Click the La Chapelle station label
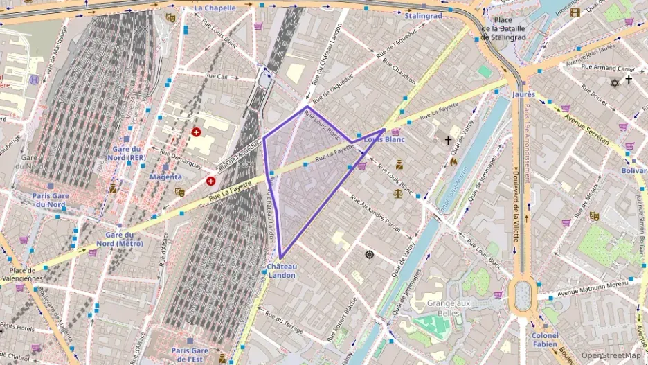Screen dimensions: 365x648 click(215, 8)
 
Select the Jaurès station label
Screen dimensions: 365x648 click(524, 94)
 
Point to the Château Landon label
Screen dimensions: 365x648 click(282, 271)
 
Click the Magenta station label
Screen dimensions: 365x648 click(165, 177)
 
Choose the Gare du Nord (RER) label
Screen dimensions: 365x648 click(126, 153)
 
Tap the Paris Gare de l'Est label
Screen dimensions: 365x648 click(190, 355)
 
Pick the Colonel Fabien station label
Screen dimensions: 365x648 click(544, 339)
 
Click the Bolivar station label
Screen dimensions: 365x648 click(633, 170)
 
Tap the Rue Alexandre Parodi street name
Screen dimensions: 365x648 click(375, 213)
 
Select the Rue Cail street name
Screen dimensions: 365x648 click(217, 76)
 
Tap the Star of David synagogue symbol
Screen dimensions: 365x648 click(613, 82)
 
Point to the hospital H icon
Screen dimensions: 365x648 click(35, 80)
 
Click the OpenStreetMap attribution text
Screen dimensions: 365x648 click(611, 355)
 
